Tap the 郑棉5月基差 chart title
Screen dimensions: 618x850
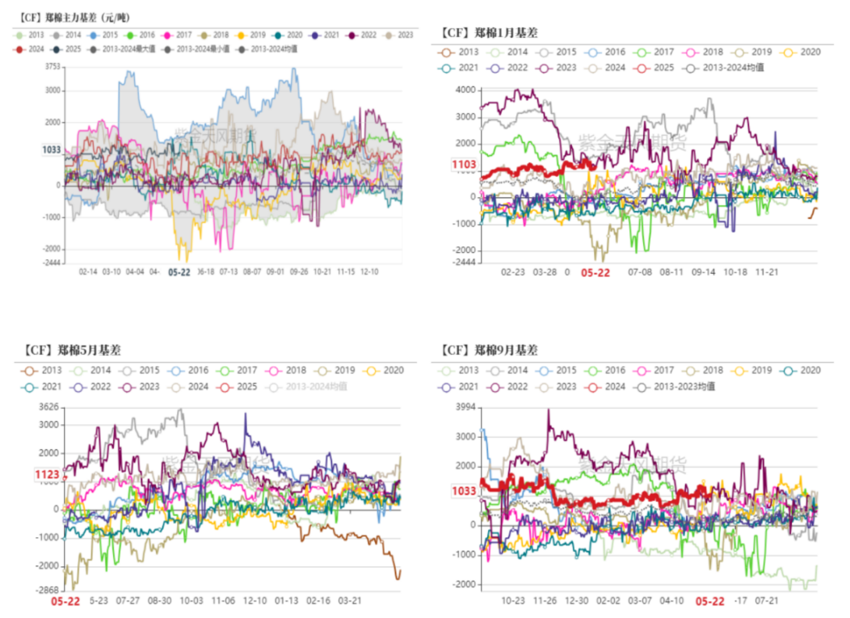coord(73,351)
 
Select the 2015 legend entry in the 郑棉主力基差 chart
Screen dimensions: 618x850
coord(104,36)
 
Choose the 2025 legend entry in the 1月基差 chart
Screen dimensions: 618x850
coord(651,67)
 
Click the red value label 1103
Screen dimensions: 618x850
coord(464,165)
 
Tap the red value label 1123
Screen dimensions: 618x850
coord(47,475)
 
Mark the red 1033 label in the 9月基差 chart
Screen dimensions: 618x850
coord(464,490)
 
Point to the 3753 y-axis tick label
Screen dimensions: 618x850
coord(52,66)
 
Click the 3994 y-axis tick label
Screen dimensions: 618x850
coord(465,406)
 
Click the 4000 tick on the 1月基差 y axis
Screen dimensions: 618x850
coord(466,90)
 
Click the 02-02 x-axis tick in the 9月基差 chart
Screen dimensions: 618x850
coord(608,600)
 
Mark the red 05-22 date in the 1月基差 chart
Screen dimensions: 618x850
coord(595,273)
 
